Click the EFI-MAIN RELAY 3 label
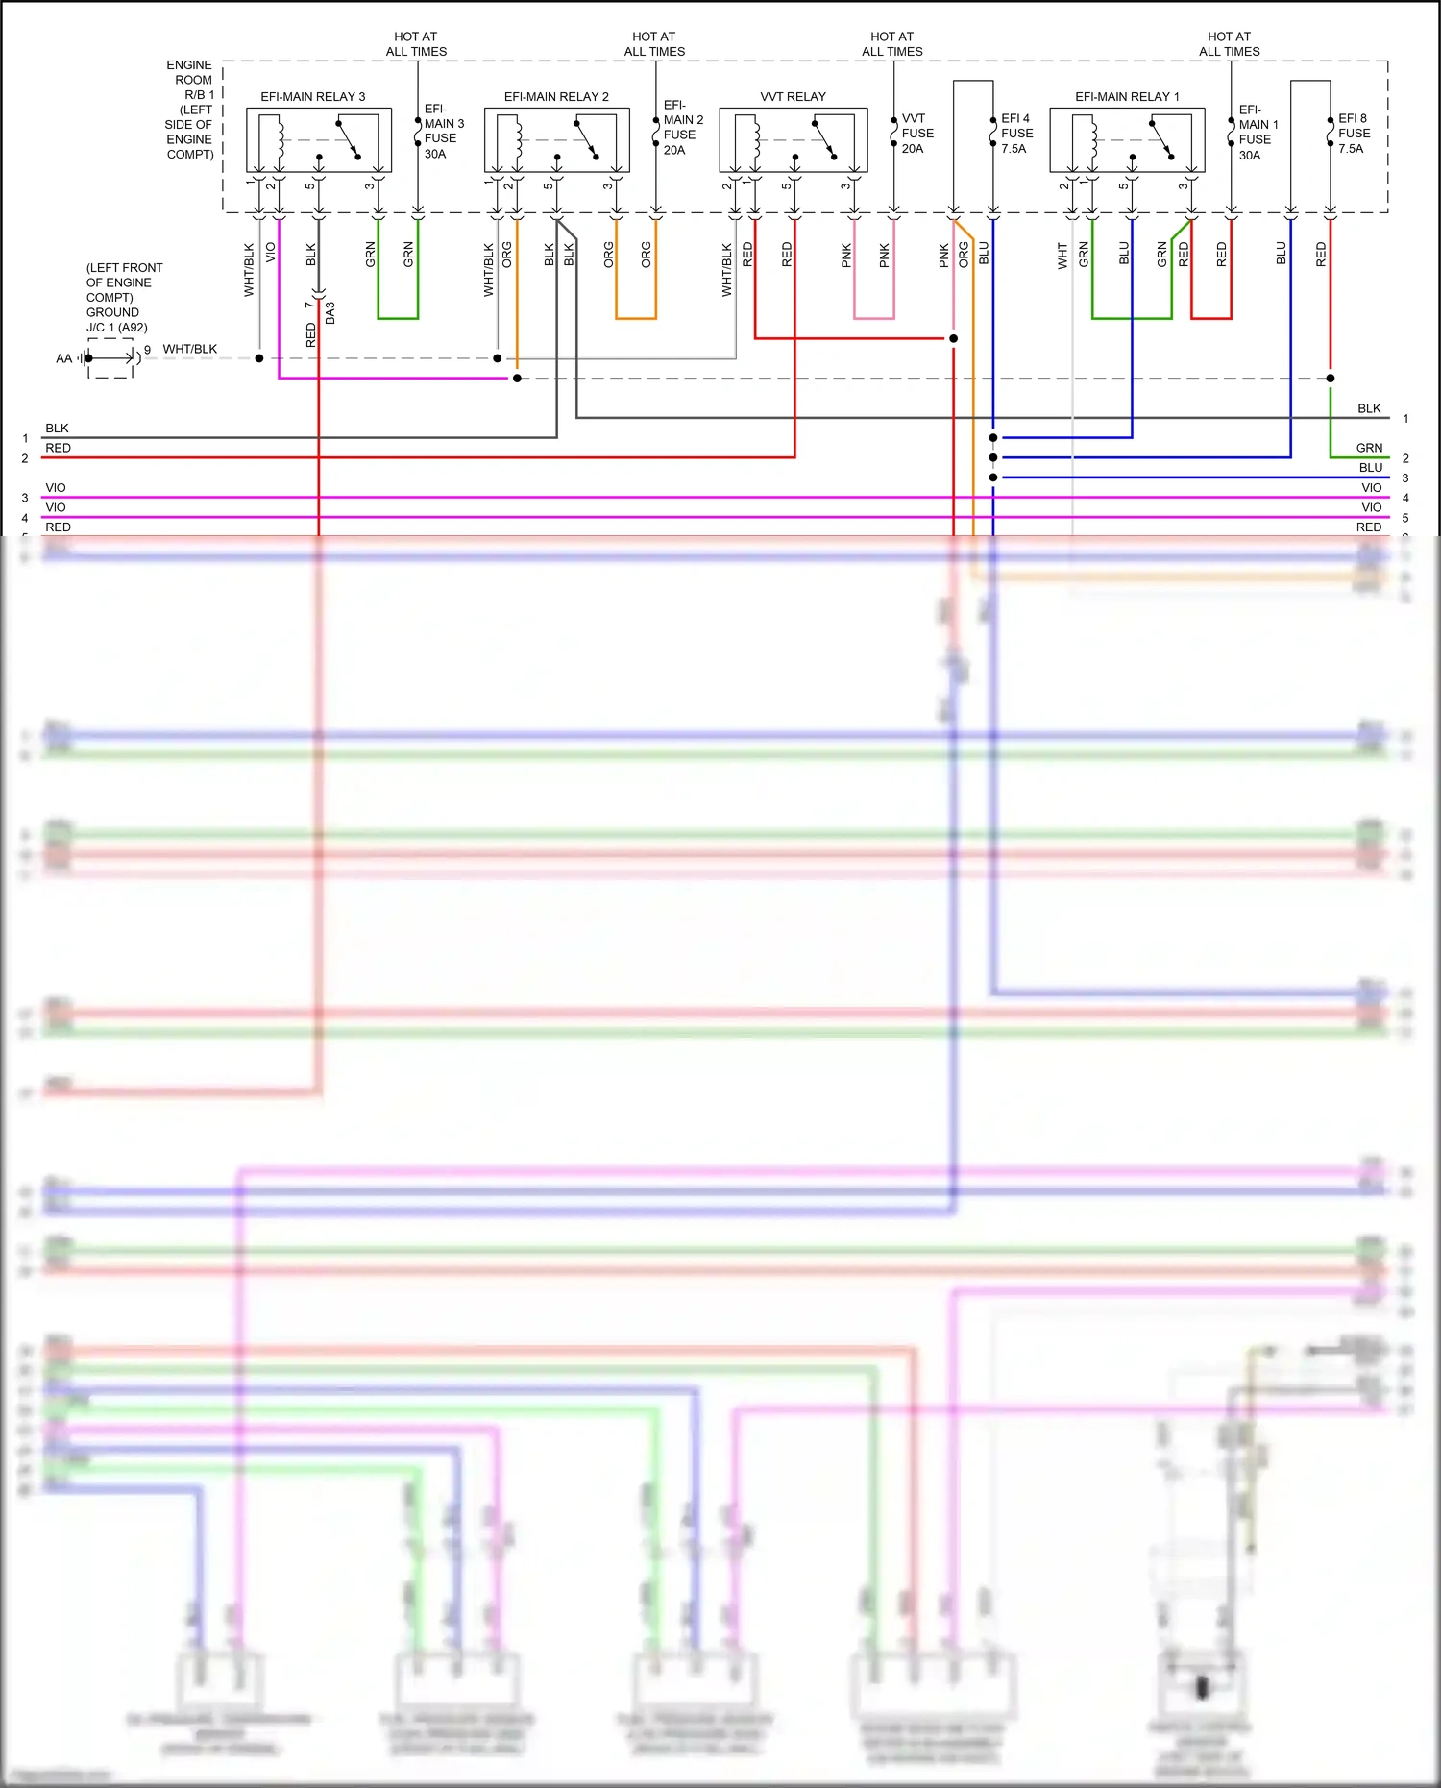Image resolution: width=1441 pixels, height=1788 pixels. point(313,97)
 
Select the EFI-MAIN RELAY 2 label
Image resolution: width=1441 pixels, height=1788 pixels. point(556,97)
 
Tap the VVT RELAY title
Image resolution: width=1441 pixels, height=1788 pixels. point(793,97)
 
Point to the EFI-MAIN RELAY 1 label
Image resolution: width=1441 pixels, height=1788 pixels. point(1127,97)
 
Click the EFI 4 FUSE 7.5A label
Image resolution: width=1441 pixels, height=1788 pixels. point(1016,134)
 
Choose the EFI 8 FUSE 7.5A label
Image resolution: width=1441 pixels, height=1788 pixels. point(1354,134)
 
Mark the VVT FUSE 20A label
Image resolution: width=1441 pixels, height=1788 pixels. point(916,134)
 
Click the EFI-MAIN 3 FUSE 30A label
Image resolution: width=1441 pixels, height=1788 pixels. point(443,132)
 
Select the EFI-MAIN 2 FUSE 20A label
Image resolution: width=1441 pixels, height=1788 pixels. point(682,128)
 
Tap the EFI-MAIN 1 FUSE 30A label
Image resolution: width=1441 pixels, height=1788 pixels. point(1258,133)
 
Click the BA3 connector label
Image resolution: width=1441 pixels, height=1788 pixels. point(330,313)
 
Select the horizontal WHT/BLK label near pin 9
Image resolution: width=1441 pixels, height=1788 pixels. point(189,349)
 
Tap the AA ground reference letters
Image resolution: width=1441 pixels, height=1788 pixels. point(63,359)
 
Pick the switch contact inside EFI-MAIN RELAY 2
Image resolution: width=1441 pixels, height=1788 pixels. point(585,138)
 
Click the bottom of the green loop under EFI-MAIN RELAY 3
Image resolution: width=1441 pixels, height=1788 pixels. point(398,318)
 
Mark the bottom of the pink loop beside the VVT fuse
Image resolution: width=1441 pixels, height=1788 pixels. point(874,318)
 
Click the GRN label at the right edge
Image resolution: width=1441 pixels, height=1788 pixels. point(1369,448)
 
